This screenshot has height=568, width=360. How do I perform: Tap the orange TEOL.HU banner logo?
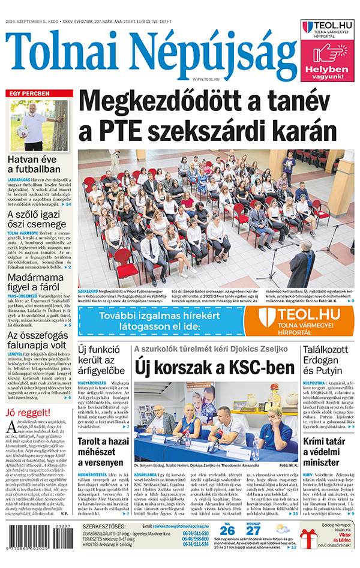click(299, 321)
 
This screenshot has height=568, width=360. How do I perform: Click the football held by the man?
click(23, 131)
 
